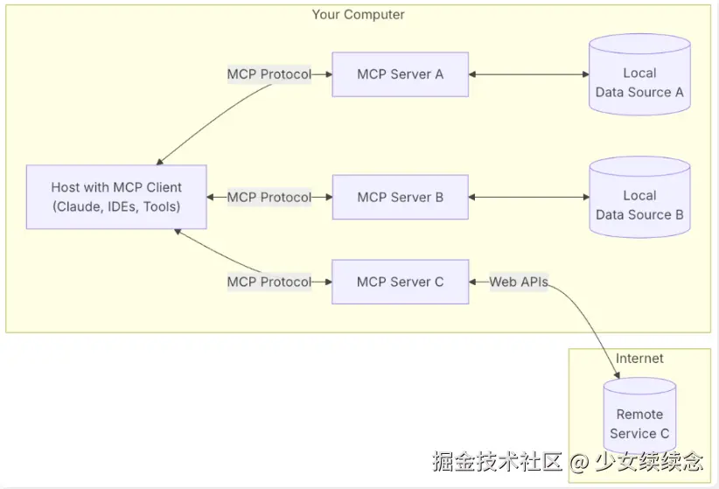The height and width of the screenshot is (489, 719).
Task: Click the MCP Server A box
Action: pyautogui.click(x=401, y=74)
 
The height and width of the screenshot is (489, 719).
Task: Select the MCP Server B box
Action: pyautogui.click(x=401, y=197)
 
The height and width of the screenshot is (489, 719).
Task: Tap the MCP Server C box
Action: pyautogui.click(x=401, y=282)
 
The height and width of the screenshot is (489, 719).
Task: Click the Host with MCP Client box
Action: pyautogui.click(x=116, y=197)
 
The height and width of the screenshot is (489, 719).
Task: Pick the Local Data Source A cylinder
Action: pyautogui.click(x=639, y=74)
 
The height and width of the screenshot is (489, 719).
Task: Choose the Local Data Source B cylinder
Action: pyautogui.click(x=639, y=197)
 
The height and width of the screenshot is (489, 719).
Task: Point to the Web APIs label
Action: pyautogui.click(x=519, y=282)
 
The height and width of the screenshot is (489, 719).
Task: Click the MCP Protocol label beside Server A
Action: pyautogui.click(x=269, y=74)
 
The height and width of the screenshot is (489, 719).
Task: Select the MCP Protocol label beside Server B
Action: pyautogui.click(x=269, y=197)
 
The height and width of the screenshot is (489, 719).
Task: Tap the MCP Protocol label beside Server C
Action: pyautogui.click(x=269, y=282)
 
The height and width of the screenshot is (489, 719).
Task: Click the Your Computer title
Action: pyautogui.click(x=358, y=15)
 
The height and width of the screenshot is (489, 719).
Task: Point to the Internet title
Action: pyautogui.click(x=639, y=359)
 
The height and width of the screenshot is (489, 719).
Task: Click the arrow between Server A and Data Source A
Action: pyautogui.click(x=528, y=74)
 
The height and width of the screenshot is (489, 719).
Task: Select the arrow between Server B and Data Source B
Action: pyautogui.click(x=528, y=197)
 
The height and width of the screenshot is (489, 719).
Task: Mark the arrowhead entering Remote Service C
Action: pyautogui.click(x=617, y=375)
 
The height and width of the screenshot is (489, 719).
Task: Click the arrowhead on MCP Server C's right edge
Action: pyautogui.click(x=472, y=282)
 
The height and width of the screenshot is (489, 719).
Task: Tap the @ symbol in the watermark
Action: pyautogui.click(x=580, y=462)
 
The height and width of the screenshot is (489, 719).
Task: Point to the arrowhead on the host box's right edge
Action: pyautogui.click(x=210, y=197)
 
